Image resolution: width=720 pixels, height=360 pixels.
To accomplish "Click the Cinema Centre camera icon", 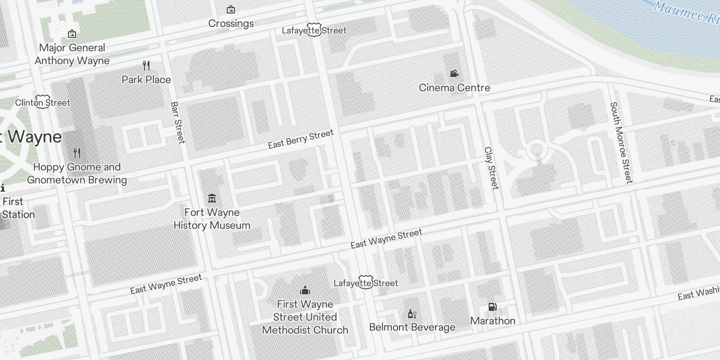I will pyautogui.click(x=454, y=73).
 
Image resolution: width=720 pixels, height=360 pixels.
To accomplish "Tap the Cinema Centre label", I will pyautogui.click(x=454, y=88).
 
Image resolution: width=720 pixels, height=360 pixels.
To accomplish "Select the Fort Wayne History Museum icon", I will pyautogui.click(x=212, y=198).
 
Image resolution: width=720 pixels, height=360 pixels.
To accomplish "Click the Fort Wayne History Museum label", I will pyautogui.click(x=212, y=219).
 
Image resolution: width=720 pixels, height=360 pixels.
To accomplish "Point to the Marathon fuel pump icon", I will pyautogui.click(x=492, y=307).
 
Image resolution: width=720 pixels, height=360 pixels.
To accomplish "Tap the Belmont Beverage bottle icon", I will pyautogui.click(x=411, y=314).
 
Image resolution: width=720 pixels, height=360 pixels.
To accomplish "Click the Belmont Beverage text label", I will pyautogui.click(x=412, y=327).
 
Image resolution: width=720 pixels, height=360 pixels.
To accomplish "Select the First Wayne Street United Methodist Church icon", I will pyautogui.click(x=305, y=290).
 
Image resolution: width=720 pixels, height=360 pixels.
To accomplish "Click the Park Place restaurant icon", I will pyautogui.click(x=146, y=66).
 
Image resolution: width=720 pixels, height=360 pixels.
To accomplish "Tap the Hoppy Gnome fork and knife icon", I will pyautogui.click(x=77, y=153).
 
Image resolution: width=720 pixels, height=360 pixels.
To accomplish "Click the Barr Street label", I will pyautogui.click(x=178, y=122).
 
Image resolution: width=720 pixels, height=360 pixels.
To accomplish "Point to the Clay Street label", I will pyautogui.click(x=491, y=168).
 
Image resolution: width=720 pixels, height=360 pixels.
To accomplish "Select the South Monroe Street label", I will pyautogui.click(x=621, y=142).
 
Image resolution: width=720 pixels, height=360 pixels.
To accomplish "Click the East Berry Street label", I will pyautogui.click(x=301, y=139).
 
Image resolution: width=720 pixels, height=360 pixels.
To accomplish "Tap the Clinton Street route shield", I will pyautogui.click(x=43, y=102).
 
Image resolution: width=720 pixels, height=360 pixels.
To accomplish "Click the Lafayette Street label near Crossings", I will pyautogui.click(x=314, y=30).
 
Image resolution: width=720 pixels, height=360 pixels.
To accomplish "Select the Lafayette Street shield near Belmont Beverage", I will pyautogui.click(x=366, y=283).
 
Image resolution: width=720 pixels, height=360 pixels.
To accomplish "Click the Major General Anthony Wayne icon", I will pyautogui.click(x=72, y=34).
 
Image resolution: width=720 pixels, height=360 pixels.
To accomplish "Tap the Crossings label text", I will pyautogui.click(x=231, y=23).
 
